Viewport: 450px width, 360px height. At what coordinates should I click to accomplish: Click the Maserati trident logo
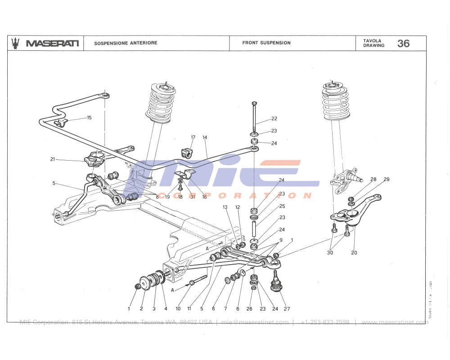click(x=16, y=43)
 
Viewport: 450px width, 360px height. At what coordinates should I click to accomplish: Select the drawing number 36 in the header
click(x=403, y=43)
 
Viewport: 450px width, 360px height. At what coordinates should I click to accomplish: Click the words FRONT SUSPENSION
click(x=266, y=43)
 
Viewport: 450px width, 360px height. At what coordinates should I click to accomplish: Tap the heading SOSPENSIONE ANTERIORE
click(x=126, y=43)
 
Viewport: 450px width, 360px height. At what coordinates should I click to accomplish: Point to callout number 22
click(x=274, y=119)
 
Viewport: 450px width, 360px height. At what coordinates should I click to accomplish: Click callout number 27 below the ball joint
click(x=287, y=309)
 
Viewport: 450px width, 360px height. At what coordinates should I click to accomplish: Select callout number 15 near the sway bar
click(x=89, y=117)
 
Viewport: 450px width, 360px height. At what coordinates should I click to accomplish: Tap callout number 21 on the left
click(x=53, y=159)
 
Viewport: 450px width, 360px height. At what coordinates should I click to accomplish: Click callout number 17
click(x=193, y=137)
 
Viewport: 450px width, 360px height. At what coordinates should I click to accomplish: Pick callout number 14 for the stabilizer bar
click(x=204, y=137)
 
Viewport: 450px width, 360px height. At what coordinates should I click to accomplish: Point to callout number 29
click(x=386, y=180)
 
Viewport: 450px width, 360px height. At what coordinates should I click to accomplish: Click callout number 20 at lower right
click(x=354, y=252)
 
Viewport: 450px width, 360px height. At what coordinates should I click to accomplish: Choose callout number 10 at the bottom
click(x=178, y=309)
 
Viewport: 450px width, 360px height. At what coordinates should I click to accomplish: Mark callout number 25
click(x=282, y=206)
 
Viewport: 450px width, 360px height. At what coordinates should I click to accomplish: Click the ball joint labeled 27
click(x=275, y=283)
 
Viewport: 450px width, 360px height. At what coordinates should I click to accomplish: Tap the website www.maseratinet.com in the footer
click(x=395, y=322)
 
